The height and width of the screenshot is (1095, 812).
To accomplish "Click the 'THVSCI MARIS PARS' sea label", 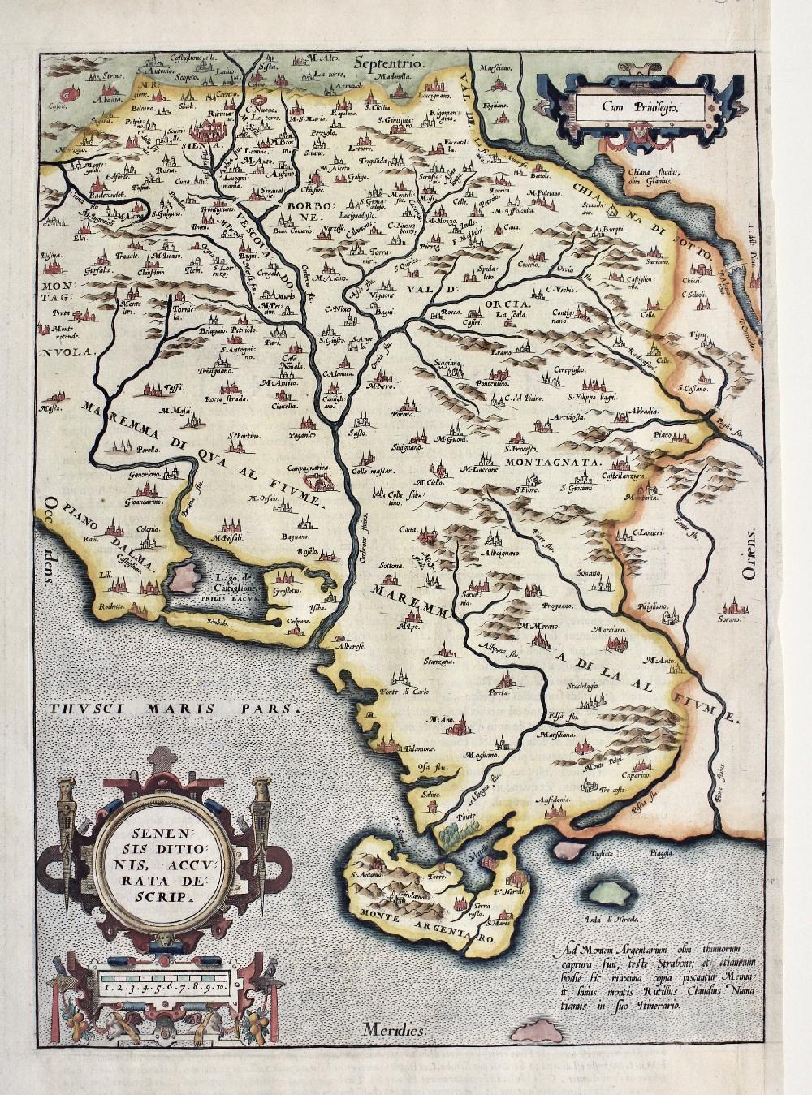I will [x=175, y=707].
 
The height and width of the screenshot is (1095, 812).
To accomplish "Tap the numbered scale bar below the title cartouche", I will [x=162, y=988].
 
